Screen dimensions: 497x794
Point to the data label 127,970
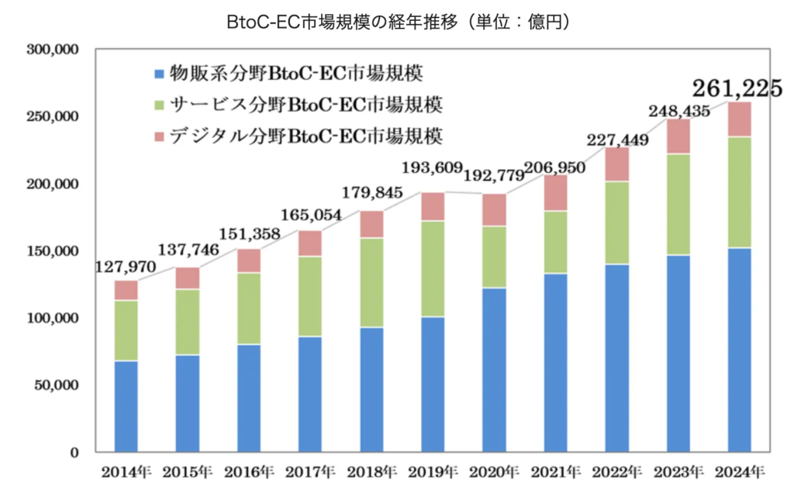tap(126, 267)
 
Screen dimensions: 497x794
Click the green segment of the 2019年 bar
tap(432, 268)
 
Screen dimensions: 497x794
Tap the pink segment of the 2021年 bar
tap(554, 193)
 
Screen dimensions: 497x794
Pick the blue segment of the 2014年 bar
tap(126, 406)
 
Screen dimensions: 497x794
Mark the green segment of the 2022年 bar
tap(616, 223)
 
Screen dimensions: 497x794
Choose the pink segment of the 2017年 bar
tap(309, 243)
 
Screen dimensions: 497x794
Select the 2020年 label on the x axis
tap(495, 471)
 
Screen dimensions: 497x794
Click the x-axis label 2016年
tap(249, 471)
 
